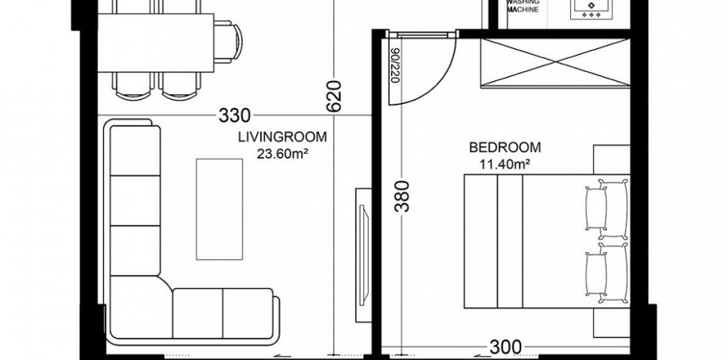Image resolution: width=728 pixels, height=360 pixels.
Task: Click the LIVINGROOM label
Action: (282, 137)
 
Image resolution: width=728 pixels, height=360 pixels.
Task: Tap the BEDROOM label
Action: (505, 148)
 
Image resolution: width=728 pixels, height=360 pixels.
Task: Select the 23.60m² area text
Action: (282, 154)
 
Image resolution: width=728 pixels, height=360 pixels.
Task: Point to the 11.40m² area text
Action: (506, 164)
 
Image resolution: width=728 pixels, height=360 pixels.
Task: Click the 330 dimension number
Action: (235, 115)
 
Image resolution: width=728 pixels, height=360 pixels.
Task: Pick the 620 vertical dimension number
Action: (334, 97)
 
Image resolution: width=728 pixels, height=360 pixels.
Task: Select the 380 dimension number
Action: (402, 196)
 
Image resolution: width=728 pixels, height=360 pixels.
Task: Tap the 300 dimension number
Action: (506, 347)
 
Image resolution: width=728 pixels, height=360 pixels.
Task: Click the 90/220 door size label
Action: (395, 65)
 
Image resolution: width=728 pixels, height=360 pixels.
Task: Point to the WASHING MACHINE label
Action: (523, 6)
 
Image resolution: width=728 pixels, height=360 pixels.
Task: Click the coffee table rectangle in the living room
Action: (219, 209)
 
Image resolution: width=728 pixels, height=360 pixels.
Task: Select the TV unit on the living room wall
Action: (363, 255)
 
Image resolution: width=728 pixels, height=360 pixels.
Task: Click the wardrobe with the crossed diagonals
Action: (555, 63)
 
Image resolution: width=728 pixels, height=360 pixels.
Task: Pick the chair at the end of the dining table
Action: (228, 42)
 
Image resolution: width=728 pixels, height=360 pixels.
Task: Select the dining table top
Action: (155, 43)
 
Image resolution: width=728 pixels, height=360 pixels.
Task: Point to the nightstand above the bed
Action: (612, 160)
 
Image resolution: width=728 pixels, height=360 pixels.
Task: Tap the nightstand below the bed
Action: (612, 323)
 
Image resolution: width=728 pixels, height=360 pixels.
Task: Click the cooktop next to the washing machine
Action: (591, 9)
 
